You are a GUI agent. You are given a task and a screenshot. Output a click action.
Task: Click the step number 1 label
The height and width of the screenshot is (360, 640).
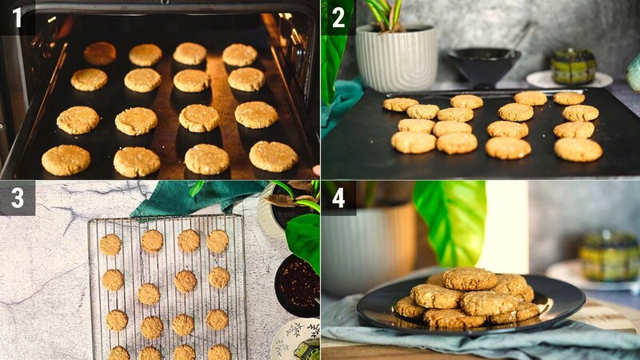17,18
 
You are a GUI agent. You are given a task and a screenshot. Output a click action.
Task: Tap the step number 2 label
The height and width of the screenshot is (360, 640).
338,18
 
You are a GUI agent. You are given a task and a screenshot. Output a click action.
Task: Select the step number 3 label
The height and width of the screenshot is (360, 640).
17,198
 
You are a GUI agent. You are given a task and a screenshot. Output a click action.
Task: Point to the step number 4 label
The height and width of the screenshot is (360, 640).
338,198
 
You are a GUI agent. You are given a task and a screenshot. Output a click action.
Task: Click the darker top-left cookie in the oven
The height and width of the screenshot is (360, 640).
100,54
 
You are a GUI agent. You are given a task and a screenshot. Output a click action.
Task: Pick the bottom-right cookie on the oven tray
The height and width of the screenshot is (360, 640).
273,156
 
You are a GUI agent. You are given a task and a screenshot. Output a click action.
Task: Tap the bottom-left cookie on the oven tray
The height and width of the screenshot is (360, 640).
66,160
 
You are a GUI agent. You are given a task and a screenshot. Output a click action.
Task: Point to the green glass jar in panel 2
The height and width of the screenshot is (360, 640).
574,66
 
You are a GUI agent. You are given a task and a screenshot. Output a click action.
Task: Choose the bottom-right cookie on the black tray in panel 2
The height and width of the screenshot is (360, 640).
578,150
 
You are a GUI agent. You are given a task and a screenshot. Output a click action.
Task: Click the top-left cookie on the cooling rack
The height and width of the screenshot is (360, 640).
110,244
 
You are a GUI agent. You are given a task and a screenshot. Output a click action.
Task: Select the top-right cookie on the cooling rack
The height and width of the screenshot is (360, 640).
218,241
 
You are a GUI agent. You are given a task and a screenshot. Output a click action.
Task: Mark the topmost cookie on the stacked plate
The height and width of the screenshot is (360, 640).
470,278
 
